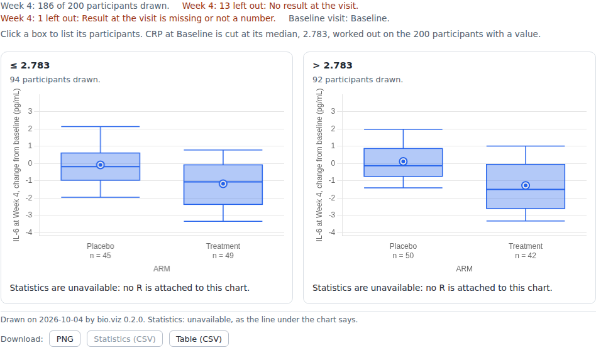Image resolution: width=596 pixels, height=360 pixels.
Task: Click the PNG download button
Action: [65, 339]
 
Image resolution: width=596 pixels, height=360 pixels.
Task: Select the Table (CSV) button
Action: [199, 339]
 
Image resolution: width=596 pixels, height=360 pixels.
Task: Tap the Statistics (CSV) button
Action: [124, 339]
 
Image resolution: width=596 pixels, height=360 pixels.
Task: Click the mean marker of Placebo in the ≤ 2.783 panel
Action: [101, 165]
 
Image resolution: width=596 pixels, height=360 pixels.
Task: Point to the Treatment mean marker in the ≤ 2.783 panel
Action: [223, 184]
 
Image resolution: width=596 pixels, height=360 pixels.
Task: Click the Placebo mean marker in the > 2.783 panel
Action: [403, 161]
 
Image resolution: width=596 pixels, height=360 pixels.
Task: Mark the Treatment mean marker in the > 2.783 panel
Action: [526, 185]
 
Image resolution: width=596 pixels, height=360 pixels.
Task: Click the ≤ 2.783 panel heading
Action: [30, 65]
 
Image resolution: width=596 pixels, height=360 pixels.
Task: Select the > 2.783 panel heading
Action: [333, 65]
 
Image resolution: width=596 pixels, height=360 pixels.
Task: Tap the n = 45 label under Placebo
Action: [101, 256]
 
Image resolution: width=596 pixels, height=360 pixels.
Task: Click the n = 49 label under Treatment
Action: [223, 256]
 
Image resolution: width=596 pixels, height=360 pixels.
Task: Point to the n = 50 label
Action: [403, 256]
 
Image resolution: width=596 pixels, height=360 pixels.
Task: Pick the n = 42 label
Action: [526, 256]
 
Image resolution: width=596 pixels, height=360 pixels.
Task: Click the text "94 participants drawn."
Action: [55, 80]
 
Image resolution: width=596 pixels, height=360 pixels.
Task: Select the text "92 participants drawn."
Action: [358, 80]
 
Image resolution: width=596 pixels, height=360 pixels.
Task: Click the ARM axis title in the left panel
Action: [162, 269]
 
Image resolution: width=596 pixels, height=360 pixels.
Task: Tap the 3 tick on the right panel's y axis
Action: [333, 111]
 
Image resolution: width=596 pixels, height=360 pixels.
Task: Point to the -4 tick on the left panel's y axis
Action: [29, 232]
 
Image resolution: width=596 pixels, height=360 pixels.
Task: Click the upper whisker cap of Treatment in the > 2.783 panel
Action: [526, 146]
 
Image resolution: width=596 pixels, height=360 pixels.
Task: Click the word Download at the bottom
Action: [21, 339]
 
